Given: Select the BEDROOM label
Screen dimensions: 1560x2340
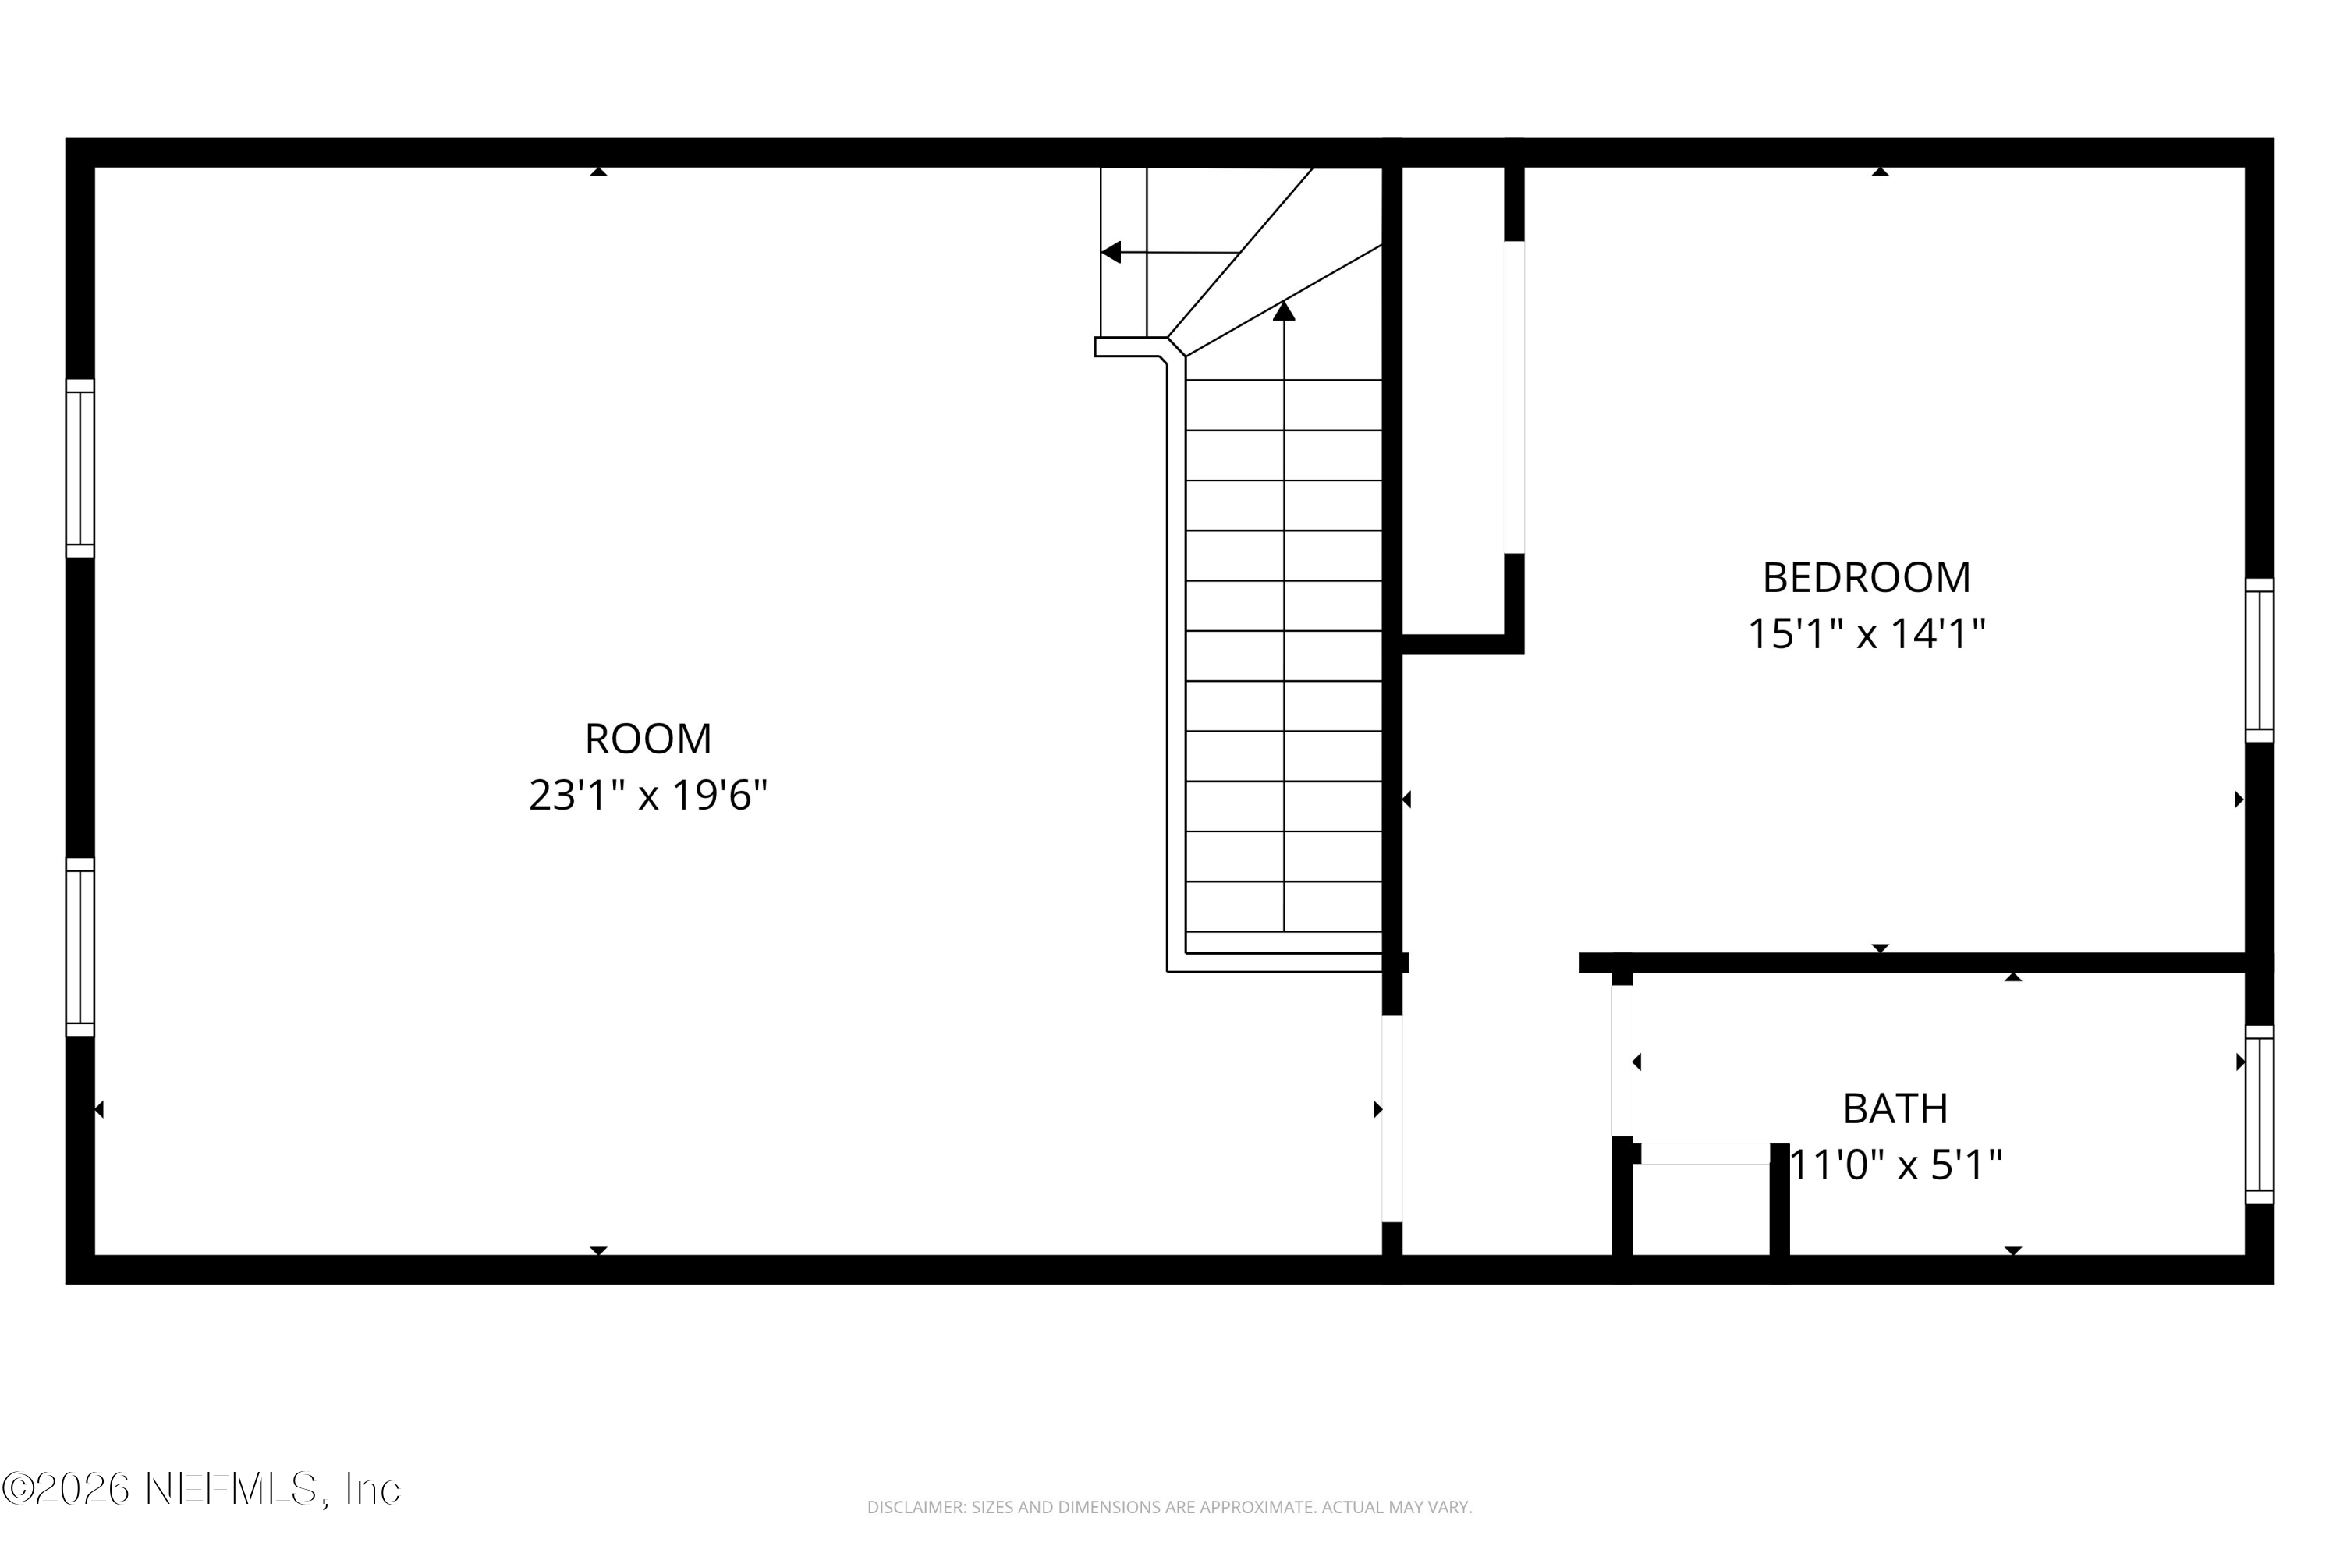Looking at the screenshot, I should click(x=1867, y=578).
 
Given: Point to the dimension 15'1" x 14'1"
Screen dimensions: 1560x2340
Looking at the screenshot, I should click(x=1867, y=633).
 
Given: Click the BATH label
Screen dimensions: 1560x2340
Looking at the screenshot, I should click(x=1895, y=1109).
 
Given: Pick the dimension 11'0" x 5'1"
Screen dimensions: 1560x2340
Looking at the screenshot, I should click(x=1895, y=1164).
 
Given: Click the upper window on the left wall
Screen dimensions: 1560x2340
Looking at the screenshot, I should click(x=80, y=469).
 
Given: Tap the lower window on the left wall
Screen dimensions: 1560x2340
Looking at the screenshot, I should click(x=80, y=947).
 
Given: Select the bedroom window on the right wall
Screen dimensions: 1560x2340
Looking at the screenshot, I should click(x=2260, y=661).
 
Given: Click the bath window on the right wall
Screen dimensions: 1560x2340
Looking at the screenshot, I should click(x=2260, y=1115).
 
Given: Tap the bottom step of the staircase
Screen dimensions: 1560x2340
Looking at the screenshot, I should click(x=1283, y=942).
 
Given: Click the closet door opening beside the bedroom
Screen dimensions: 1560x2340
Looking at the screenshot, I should click(x=1513, y=397).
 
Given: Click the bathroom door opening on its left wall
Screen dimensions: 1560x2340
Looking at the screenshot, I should click(x=1622, y=1059).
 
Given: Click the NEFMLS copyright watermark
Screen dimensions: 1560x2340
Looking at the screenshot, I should click(x=201, y=1489).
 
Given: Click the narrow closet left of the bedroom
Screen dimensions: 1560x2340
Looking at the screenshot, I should click(x=1452, y=398).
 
